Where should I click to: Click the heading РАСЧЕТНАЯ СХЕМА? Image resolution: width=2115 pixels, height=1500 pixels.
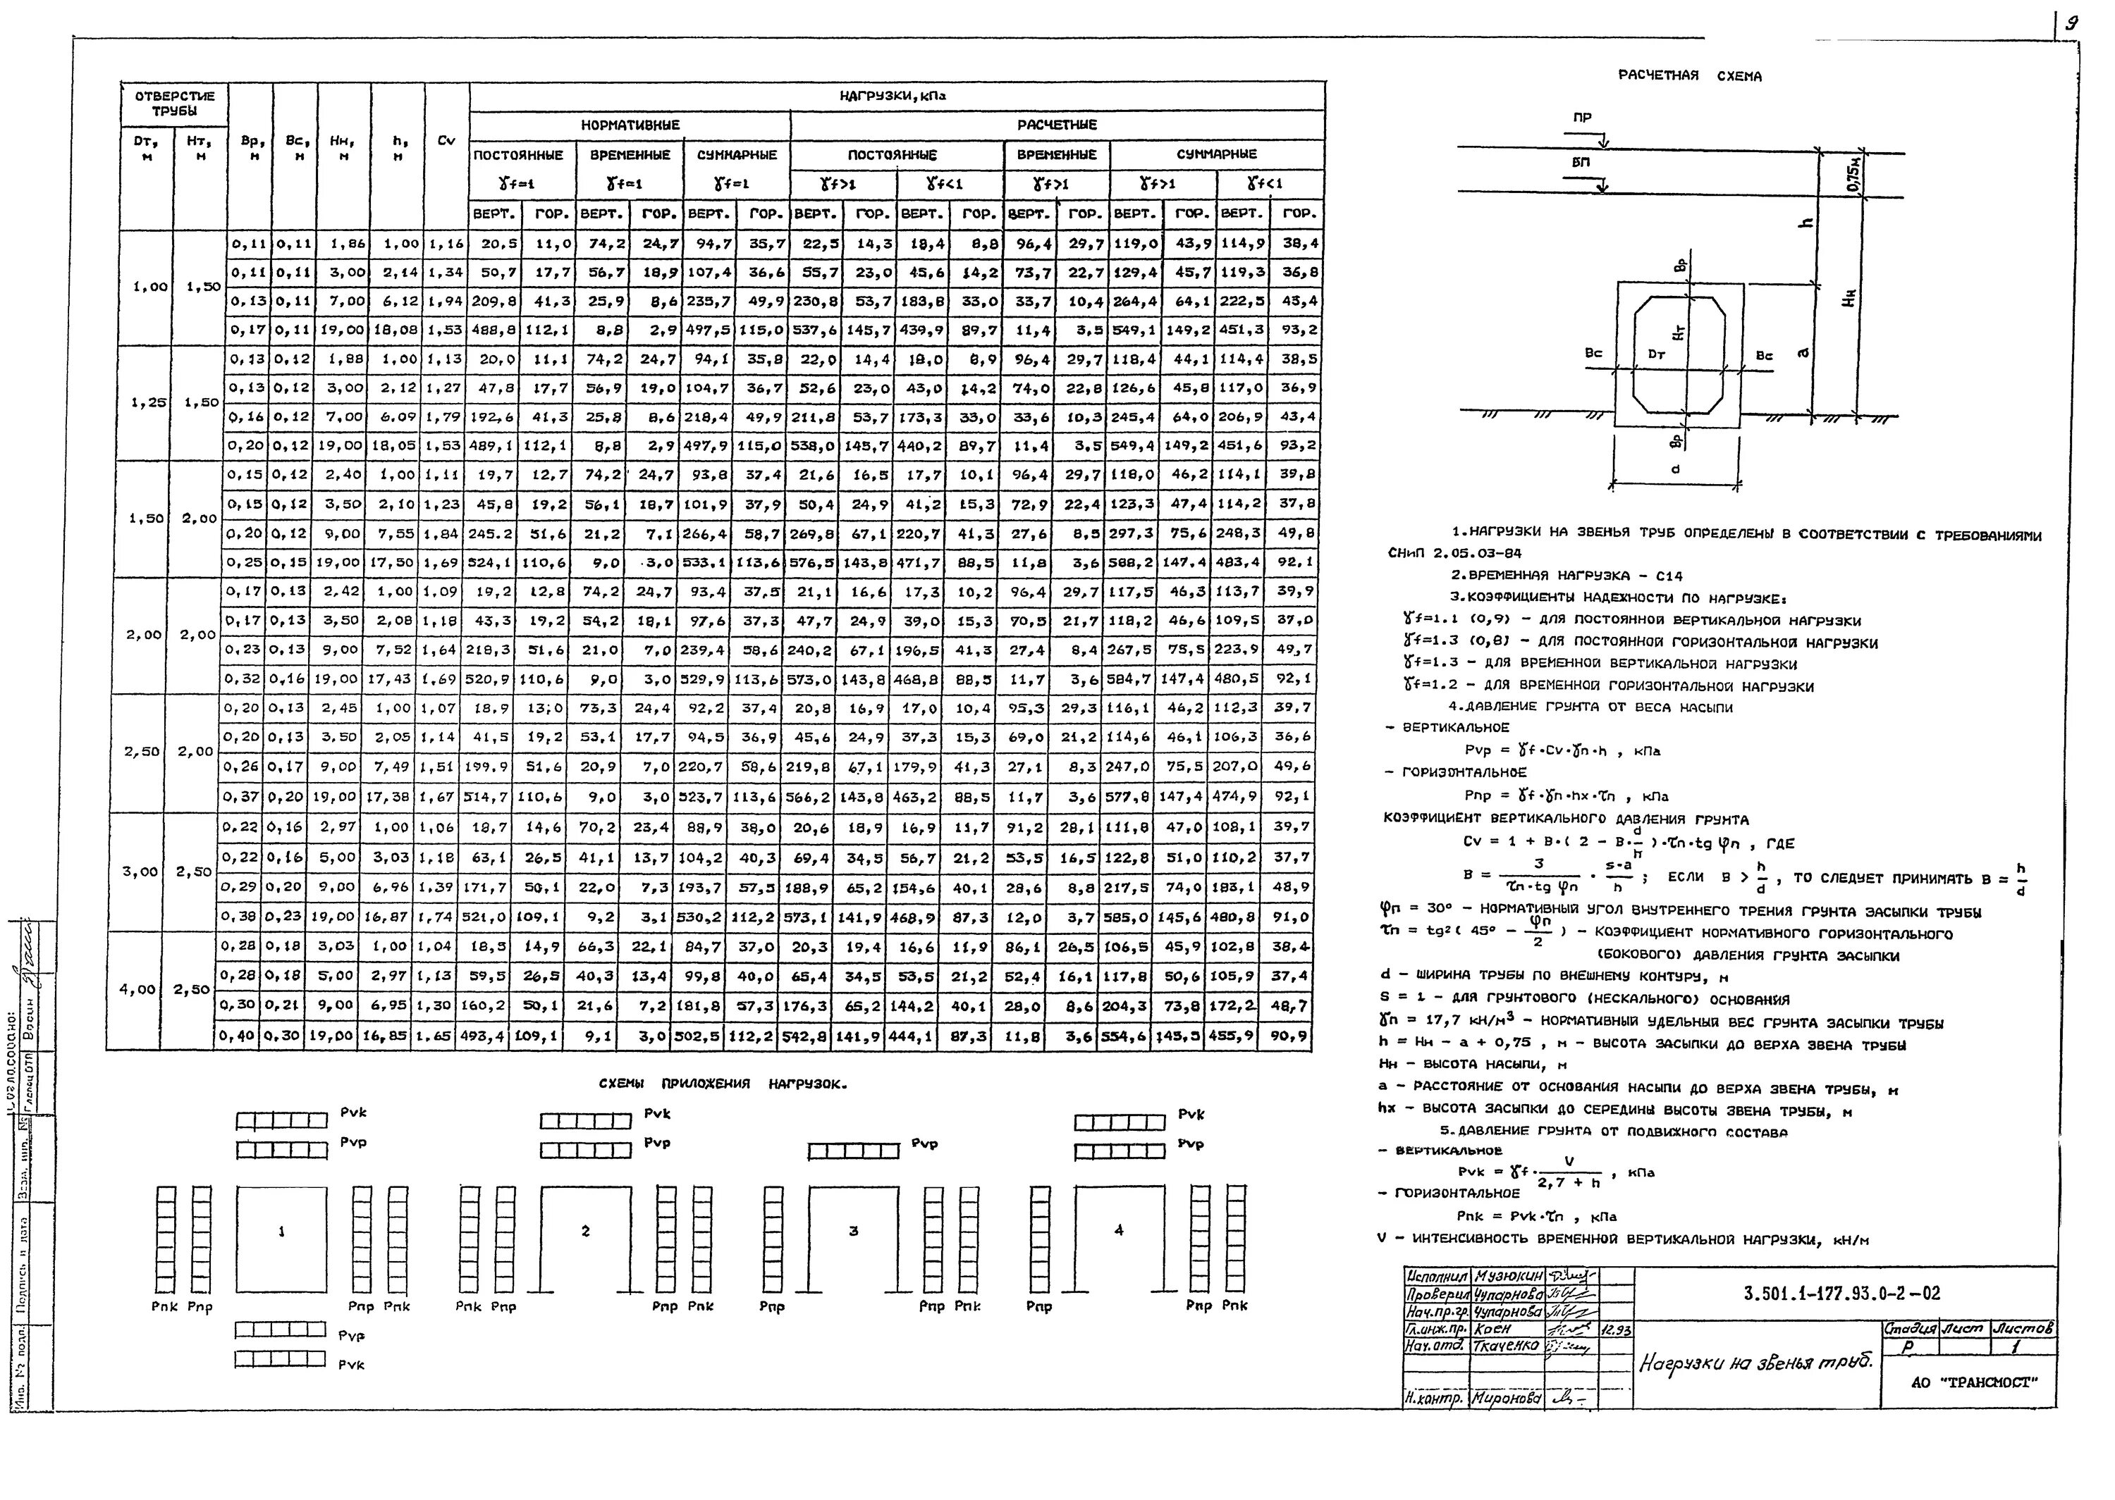click(x=1689, y=75)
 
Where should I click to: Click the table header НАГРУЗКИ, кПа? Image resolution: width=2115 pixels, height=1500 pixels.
click(x=892, y=95)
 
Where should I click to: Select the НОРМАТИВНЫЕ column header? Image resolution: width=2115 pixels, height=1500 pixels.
click(x=630, y=125)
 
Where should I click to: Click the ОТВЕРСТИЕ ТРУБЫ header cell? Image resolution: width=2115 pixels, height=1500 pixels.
click(x=175, y=104)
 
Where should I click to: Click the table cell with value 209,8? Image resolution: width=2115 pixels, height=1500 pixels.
click(x=494, y=301)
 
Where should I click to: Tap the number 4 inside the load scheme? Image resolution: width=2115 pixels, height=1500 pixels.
click(x=1118, y=1230)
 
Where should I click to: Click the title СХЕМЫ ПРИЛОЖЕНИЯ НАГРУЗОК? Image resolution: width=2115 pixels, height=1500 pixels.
click(x=722, y=1084)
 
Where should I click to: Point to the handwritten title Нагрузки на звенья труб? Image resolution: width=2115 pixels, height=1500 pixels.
click(x=1756, y=1363)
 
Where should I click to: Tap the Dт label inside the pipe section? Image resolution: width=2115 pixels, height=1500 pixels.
click(x=1657, y=354)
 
